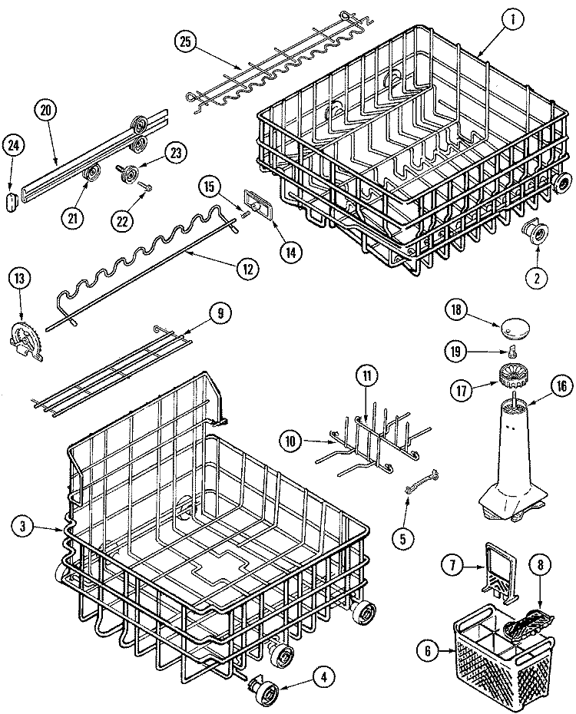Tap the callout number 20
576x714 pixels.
[x=45, y=109]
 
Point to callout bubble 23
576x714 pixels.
[x=176, y=152]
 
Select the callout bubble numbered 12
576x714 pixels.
[x=247, y=269]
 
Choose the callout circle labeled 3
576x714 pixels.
[x=24, y=526]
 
